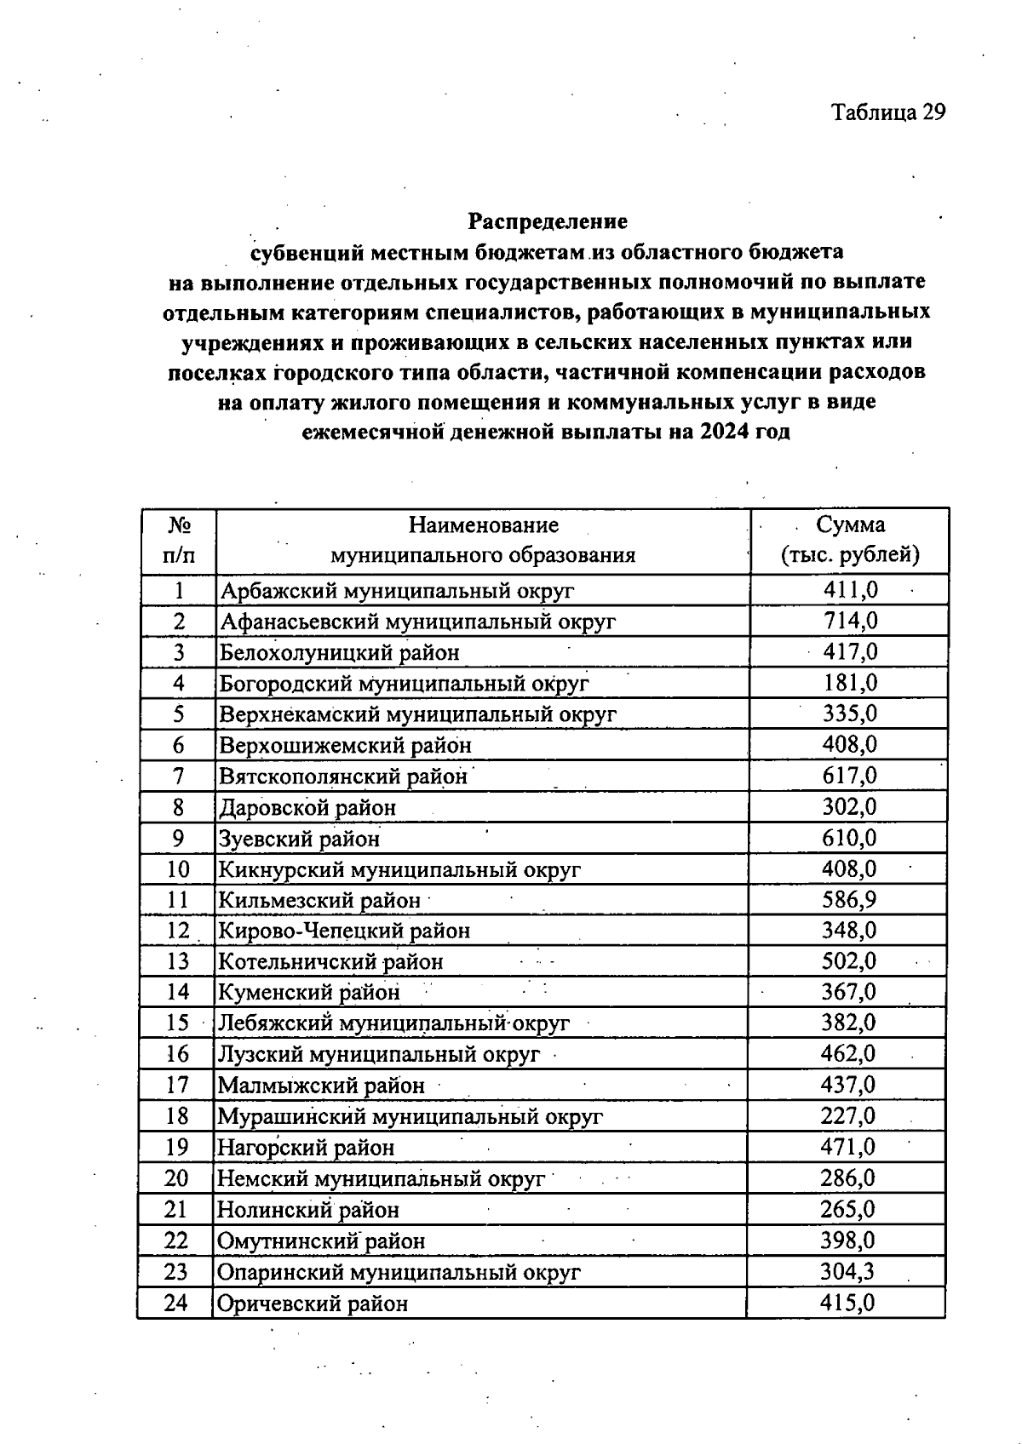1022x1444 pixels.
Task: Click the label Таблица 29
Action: coord(888,112)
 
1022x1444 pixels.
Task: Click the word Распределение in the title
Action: coord(548,221)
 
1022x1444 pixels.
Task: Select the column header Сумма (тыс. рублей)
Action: coord(850,540)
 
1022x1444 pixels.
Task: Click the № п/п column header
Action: coord(178,540)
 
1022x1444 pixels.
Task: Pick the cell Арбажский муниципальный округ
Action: coord(397,590)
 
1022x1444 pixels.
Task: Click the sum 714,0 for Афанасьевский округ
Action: coord(850,621)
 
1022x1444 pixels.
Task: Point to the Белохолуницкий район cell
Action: coord(340,652)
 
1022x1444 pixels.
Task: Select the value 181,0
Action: coord(850,683)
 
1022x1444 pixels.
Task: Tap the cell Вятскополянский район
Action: coord(343,776)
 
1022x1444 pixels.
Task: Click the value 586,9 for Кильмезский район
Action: coord(849,899)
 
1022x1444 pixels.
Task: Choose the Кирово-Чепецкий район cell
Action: coord(344,931)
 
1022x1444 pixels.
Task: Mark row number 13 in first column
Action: coord(177,961)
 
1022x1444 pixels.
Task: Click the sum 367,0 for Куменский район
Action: coord(848,992)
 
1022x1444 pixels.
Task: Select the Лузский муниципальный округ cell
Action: coord(379,1054)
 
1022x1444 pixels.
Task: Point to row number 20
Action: coord(176,1178)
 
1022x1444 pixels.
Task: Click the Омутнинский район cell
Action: coord(321,1241)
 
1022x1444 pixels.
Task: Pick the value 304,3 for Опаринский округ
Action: coord(847,1271)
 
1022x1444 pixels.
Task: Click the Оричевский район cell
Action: coord(313,1303)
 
